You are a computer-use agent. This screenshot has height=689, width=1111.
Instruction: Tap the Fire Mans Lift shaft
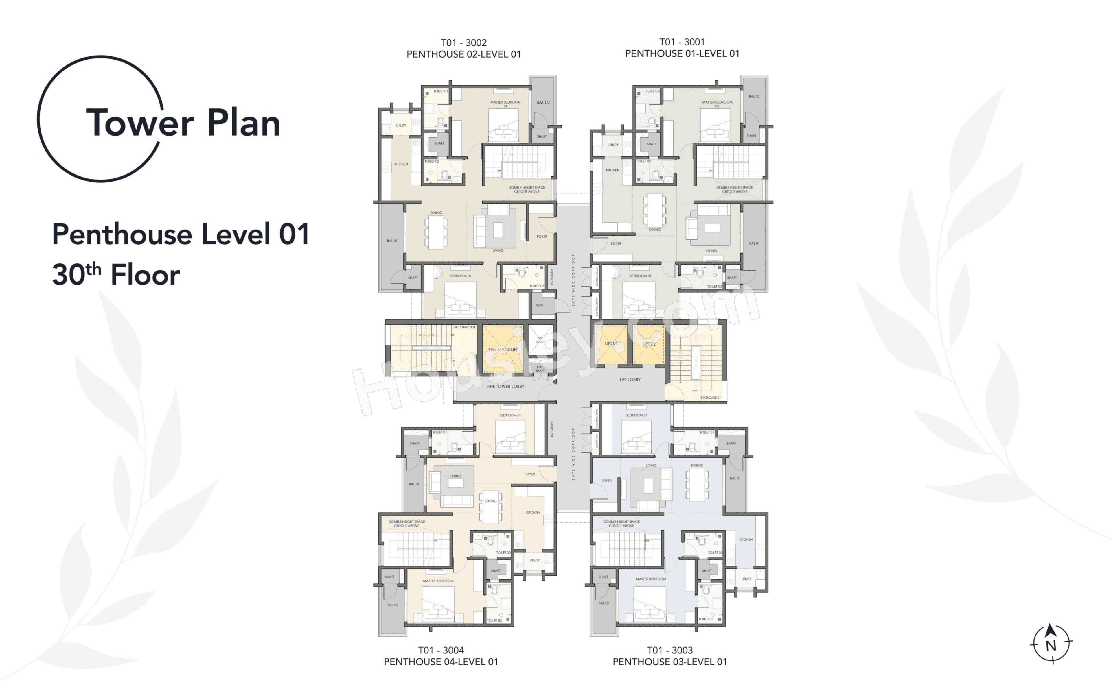click(502, 349)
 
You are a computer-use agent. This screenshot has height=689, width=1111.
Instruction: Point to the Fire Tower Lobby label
click(505, 386)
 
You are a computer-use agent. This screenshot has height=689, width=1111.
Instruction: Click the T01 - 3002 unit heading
click(463, 43)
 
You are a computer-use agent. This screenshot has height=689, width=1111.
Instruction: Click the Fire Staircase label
click(464, 327)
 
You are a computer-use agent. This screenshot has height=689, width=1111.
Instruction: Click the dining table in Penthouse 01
click(654, 210)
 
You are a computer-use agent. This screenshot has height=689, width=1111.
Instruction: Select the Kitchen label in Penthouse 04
click(532, 513)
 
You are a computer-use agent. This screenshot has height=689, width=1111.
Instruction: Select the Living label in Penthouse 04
click(455, 476)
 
